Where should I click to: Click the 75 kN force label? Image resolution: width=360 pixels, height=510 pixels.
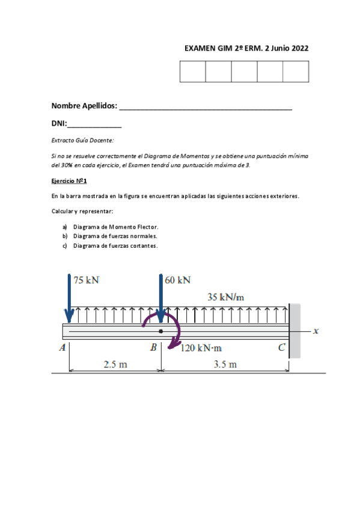point(87,280)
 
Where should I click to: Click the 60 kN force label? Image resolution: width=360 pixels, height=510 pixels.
point(177,280)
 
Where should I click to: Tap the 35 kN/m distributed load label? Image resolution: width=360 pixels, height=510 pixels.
point(226,296)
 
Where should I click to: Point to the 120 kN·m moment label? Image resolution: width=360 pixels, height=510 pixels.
point(201,348)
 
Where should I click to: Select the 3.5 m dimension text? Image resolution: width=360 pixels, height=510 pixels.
point(225,364)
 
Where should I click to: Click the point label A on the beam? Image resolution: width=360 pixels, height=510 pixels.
point(62,348)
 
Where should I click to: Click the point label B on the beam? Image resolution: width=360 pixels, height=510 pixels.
point(153,348)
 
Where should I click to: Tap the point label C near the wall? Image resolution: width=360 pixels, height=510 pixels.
point(281,348)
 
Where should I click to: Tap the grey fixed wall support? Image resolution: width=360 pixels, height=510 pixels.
point(294,331)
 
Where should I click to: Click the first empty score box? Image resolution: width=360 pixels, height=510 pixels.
point(192,72)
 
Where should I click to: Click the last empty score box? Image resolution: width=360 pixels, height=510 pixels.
point(296,72)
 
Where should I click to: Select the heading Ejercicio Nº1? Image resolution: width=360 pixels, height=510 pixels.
point(70,180)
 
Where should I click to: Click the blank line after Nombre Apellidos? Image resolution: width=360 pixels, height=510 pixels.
point(206,107)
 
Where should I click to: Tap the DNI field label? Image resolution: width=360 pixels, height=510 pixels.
point(59,124)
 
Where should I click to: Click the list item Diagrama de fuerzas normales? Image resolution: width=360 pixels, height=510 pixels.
point(115,236)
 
